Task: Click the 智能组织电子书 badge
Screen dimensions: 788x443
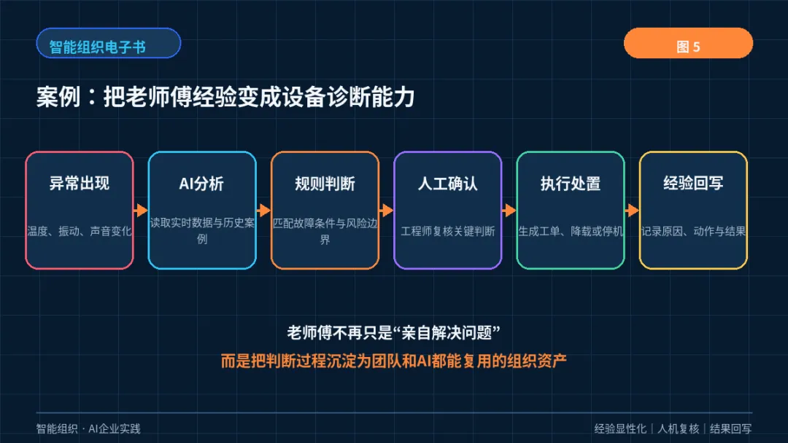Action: [x=109, y=43]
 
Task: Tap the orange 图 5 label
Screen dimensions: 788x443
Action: [x=688, y=43]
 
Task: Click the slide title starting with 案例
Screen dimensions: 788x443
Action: [x=225, y=97]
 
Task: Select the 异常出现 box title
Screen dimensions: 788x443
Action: [x=80, y=184]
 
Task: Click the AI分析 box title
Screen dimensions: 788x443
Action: [x=201, y=184]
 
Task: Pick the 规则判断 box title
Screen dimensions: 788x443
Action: [x=325, y=184]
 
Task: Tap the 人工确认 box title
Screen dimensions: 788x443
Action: [x=448, y=184]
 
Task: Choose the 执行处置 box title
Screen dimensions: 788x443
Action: [x=571, y=184]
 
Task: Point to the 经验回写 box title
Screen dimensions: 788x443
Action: [x=694, y=184]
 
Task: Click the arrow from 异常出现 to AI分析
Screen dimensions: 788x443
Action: [x=141, y=211]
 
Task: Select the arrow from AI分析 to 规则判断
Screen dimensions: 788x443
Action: [x=263, y=211]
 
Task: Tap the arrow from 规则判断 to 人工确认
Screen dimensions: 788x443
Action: [x=387, y=211]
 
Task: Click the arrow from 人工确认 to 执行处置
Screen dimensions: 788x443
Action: [x=509, y=211]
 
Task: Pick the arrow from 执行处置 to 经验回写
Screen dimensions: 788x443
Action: [x=632, y=211]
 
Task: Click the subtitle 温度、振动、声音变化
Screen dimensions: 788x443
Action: [x=80, y=231]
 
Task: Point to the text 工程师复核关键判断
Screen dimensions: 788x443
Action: [x=448, y=231]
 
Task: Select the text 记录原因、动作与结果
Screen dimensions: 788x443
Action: [x=694, y=231]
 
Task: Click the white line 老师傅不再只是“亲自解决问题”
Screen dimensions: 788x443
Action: [x=393, y=333]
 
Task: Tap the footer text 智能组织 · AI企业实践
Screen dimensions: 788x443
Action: [x=88, y=429]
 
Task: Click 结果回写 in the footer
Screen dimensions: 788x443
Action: [x=730, y=429]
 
